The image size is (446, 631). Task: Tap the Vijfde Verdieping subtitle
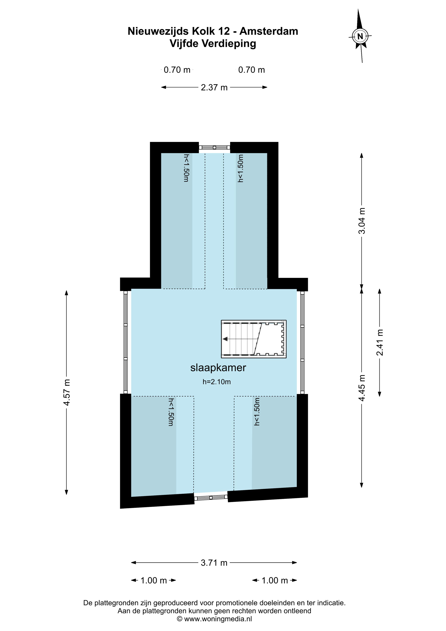tap(213, 44)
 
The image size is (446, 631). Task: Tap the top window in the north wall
tap(214, 147)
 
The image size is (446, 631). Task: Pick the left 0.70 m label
tap(177, 70)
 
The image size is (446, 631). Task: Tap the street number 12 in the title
tap(224, 31)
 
